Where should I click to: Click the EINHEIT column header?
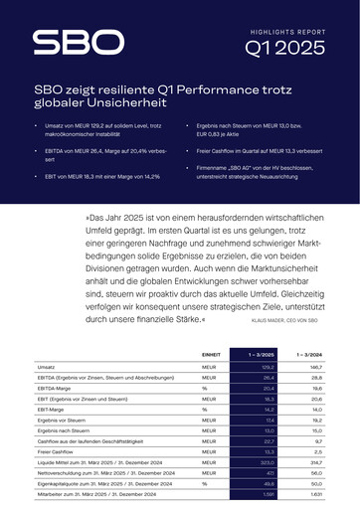pyautogui.click(x=210, y=354)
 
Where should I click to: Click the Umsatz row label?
pyautogui.click(x=46, y=367)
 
